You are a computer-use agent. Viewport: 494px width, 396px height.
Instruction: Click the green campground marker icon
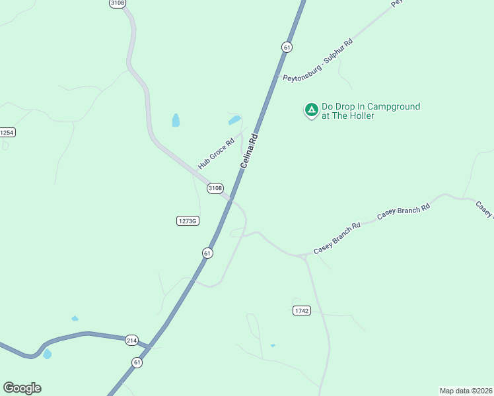(311, 110)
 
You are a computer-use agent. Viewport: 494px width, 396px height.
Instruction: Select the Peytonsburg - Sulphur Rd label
(318, 60)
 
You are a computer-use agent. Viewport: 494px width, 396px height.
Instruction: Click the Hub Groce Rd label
(217, 154)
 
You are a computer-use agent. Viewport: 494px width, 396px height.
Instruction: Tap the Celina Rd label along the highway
(248, 151)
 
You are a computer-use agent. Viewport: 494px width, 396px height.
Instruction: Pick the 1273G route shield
(188, 221)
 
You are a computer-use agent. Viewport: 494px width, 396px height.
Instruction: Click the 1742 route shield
(301, 310)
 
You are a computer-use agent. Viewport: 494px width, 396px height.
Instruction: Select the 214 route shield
(131, 339)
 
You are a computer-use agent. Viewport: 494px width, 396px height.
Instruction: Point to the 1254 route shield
(7, 132)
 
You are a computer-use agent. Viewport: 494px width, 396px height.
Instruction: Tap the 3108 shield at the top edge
(118, 3)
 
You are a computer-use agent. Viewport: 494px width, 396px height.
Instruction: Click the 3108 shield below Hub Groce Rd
(215, 188)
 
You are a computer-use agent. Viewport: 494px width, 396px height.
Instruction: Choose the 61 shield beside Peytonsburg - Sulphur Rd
(287, 47)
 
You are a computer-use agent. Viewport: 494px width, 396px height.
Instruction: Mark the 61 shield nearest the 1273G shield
(207, 253)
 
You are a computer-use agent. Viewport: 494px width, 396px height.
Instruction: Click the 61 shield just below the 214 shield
(137, 362)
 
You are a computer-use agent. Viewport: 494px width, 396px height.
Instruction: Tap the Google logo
(22, 388)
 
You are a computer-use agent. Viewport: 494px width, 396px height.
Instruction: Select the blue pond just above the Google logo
(47, 354)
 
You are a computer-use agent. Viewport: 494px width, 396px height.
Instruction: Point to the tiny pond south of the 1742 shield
(273, 345)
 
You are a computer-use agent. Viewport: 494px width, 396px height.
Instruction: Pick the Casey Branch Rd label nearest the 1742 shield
(337, 238)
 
